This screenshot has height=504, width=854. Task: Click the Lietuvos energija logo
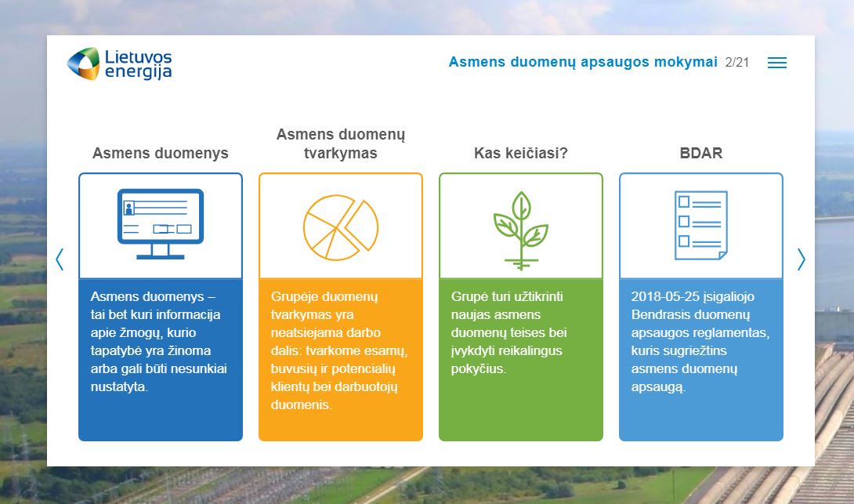[119, 63]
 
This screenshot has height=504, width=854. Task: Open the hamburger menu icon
[776, 63]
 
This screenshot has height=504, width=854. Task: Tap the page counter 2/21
[737, 63]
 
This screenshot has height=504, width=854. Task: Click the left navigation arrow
[60, 259]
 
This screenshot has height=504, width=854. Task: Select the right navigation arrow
[802, 259]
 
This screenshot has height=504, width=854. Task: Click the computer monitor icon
[161, 224]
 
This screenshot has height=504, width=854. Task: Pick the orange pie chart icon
[341, 227]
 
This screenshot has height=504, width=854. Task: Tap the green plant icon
[521, 230]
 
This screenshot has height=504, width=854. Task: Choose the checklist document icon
[701, 225]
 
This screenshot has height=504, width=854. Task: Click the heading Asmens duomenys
[160, 153]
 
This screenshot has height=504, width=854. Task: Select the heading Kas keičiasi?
[521, 153]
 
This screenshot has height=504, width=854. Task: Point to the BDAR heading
[701, 153]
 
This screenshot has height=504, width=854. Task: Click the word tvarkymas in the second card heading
[340, 153]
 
